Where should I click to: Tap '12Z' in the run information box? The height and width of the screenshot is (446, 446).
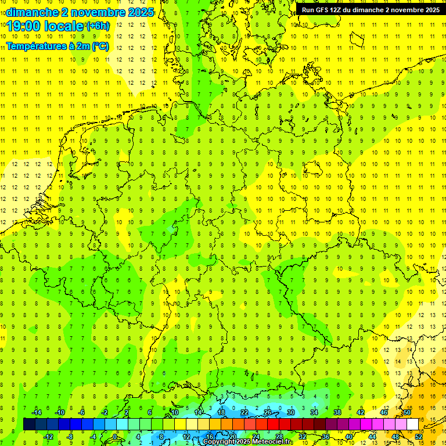[337, 10]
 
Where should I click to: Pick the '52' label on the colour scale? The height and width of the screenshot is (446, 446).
[418, 436]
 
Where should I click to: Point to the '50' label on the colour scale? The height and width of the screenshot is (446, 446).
[407, 412]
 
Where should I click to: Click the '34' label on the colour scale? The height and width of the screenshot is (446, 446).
[314, 412]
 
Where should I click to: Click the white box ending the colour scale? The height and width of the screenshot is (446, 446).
[412, 424]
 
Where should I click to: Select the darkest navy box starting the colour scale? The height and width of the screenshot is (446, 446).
[29, 424]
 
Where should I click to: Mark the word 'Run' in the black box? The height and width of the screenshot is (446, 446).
[308, 10]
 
